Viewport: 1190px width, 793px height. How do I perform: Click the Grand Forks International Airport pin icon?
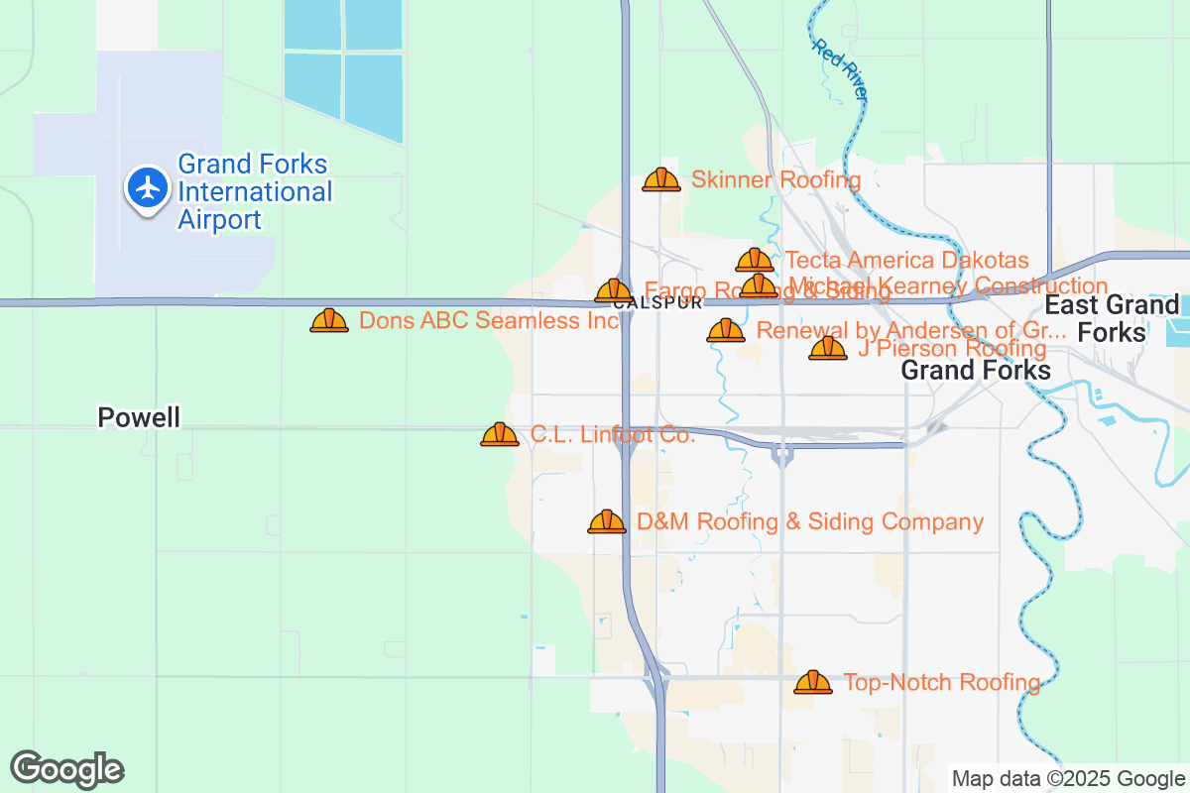149,186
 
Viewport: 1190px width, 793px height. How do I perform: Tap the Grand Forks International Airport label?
255,192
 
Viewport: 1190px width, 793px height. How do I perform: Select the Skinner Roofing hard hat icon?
661,179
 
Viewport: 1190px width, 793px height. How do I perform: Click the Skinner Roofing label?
775,179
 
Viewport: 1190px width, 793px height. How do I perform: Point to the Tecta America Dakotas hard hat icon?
755,260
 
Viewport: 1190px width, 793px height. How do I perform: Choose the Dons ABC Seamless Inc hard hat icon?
329,320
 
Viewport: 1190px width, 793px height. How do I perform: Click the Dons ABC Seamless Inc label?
489,320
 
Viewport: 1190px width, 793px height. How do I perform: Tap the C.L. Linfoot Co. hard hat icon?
500,434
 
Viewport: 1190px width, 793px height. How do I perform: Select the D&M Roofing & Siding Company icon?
607,521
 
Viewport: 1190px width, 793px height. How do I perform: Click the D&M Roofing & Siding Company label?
810,521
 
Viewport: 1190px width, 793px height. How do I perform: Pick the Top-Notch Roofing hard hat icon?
813,682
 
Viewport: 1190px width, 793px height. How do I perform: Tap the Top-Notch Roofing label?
941,682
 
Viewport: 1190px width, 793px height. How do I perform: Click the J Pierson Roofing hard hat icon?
828,348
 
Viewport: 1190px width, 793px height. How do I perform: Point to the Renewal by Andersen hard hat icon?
726,330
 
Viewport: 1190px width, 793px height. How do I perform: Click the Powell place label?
139,417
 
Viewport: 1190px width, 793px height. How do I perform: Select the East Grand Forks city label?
1112,317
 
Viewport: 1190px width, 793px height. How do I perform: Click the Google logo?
66,769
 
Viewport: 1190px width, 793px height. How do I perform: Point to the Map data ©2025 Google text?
1068,778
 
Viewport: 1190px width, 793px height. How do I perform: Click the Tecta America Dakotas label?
906,260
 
